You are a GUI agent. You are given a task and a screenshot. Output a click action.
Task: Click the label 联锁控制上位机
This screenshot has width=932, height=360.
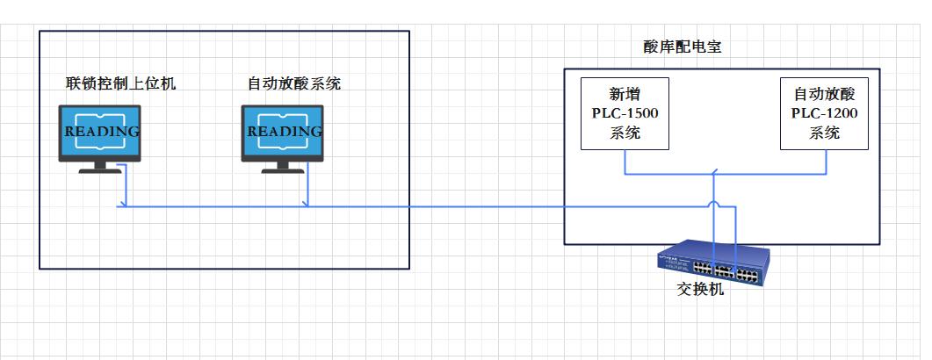121,84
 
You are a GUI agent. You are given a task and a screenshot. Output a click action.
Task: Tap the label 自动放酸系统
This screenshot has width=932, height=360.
294,84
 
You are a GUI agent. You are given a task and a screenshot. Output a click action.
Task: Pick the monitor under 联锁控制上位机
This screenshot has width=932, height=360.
99,133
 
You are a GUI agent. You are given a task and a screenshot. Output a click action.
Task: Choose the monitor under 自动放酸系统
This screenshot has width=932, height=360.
282,133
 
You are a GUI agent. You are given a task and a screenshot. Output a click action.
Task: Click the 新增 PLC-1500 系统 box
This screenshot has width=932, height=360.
625,113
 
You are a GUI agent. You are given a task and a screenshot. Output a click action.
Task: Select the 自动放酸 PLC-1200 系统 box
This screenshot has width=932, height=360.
824,113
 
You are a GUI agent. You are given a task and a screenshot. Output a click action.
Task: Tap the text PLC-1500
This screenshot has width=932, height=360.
625,113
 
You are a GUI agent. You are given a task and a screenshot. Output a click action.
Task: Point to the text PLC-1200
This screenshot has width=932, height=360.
824,113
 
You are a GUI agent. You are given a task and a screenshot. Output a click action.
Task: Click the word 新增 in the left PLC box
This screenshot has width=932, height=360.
625,94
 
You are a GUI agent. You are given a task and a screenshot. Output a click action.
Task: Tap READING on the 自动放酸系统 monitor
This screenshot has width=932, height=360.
282,132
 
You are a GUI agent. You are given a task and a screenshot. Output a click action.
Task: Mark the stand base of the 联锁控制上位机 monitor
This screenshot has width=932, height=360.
99,169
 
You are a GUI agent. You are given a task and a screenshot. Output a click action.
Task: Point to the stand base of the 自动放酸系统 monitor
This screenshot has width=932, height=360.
282,169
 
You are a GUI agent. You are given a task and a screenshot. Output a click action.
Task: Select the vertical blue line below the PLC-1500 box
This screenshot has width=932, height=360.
625,162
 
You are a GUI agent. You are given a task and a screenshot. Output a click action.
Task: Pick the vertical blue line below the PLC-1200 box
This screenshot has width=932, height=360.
825,162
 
